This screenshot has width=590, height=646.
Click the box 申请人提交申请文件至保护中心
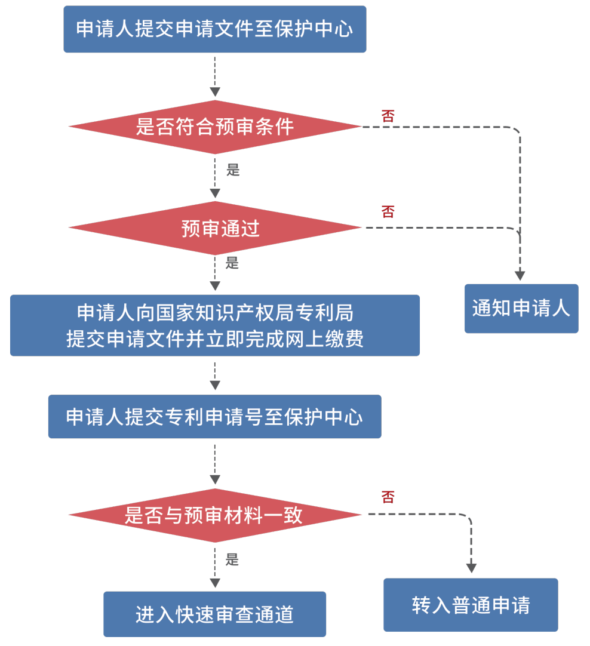click(x=214, y=29)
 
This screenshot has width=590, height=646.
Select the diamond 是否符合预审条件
click(x=214, y=127)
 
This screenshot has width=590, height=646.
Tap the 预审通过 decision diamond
click(x=214, y=227)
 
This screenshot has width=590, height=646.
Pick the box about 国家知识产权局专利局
click(x=214, y=325)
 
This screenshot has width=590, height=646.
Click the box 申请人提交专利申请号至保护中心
click(x=214, y=417)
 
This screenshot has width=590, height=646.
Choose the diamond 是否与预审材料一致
click(x=214, y=515)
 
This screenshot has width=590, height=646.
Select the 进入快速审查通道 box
click(x=214, y=614)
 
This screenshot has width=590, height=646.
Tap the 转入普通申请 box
click(x=471, y=605)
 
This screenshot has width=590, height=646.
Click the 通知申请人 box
click(x=521, y=309)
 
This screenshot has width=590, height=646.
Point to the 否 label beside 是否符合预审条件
click(x=388, y=116)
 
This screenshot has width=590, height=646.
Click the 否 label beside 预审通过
click(x=388, y=211)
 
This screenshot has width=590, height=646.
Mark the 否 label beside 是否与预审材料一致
click(x=388, y=497)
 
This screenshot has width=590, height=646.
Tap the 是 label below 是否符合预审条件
click(x=233, y=170)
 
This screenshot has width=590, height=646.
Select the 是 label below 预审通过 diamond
click(x=232, y=263)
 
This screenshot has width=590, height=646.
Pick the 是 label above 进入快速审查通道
click(x=232, y=559)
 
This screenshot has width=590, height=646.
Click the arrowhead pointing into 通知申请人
click(x=520, y=275)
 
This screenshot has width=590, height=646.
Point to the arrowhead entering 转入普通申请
click(x=471, y=567)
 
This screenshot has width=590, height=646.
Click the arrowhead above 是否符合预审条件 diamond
click(x=215, y=92)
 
